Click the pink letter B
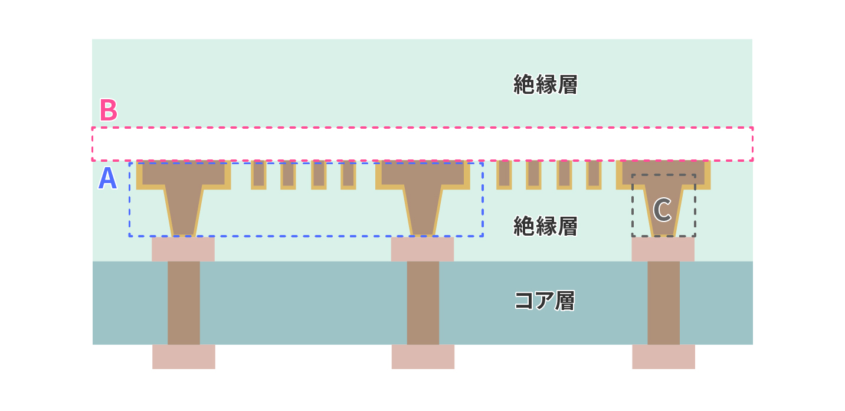tap(109, 110)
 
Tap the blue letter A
tap(107, 178)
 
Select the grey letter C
tap(662, 210)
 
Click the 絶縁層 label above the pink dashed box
tap(545, 84)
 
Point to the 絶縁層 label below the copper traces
tap(545, 226)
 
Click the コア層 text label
tap(545, 301)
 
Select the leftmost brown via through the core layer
tap(184, 303)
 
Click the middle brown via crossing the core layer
tap(423, 303)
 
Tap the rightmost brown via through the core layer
tap(664, 303)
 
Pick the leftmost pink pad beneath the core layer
tap(184, 357)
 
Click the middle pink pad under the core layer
tap(423, 357)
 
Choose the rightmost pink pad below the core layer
tap(664, 357)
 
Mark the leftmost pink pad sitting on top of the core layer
tap(184, 249)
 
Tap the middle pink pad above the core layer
tap(422, 249)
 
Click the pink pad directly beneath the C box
tap(663, 249)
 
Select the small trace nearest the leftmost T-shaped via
tap(259, 175)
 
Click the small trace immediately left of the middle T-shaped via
tap(349, 175)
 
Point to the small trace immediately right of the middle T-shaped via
tap(504, 175)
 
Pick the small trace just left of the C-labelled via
tap(594, 175)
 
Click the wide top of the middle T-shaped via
tap(422, 174)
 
